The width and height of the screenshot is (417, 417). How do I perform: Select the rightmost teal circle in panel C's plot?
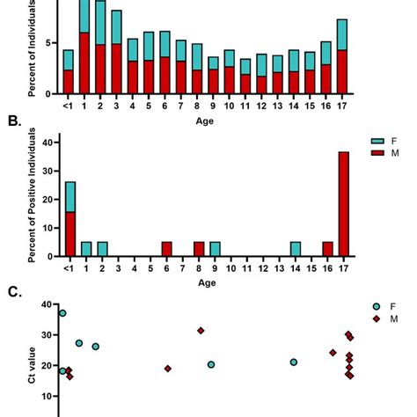click(x=294, y=362)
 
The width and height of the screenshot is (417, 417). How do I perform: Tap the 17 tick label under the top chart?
click(x=342, y=107)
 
